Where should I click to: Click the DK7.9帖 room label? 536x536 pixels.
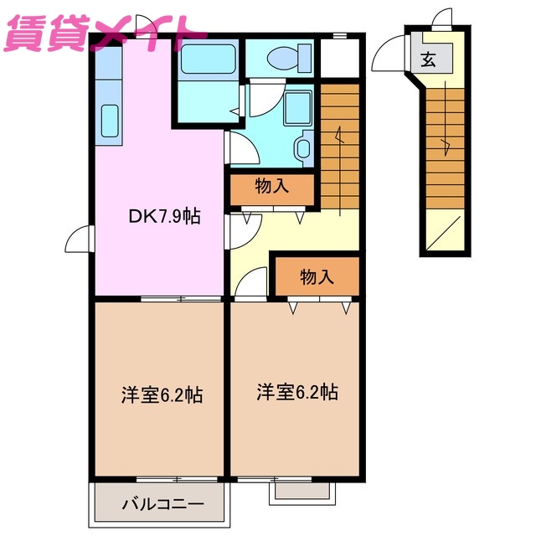coord(164,216)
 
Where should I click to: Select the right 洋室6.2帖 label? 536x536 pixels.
coord(297,391)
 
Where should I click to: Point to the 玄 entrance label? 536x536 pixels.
coord(428,59)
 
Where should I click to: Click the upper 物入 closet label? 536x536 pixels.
coord(272,187)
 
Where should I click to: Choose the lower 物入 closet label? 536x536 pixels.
coord(317,276)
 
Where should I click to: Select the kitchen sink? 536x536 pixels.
coord(109,121)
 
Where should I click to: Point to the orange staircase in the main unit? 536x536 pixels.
coord(339,142)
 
